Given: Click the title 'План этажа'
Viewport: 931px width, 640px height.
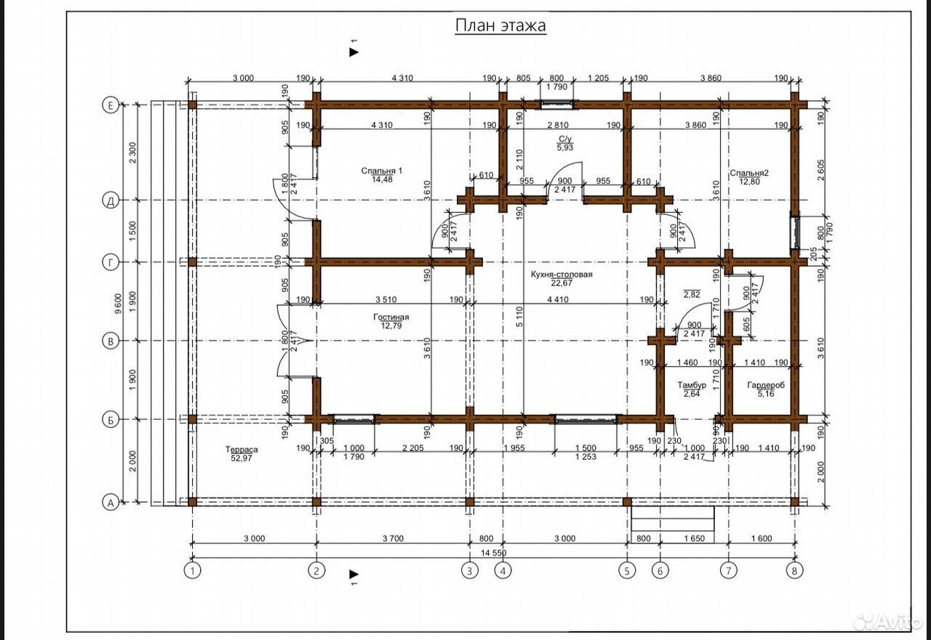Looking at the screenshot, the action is pyautogui.click(x=500, y=25).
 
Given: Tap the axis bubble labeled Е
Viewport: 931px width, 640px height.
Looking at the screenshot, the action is pyautogui.click(x=110, y=105).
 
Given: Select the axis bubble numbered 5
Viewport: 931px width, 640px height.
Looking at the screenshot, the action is pyautogui.click(x=627, y=571).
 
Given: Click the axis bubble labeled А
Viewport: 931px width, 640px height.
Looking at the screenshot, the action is pyautogui.click(x=110, y=503).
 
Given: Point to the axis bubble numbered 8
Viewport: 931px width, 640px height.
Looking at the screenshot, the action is pyautogui.click(x=794, y=571).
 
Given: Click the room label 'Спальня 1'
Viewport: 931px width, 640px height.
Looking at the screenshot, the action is pyautogui.click(x=382, y=171).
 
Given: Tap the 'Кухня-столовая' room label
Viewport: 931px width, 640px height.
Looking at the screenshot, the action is pyautogui.click(x=561, y=275).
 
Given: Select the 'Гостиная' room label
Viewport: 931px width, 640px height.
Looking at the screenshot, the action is pyautogui.click(x=391, y=317).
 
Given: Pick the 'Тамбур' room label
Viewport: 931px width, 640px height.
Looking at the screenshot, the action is pyautogui.click(x=692, y=385).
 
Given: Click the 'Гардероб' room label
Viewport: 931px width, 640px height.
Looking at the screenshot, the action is pyautogui.click(x=766, y=385).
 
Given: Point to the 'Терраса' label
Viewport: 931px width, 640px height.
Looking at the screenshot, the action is pyautogui.click(x=241, y=450).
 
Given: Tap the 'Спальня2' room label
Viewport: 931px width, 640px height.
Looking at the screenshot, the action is pyautogui.click(x=749, y=173).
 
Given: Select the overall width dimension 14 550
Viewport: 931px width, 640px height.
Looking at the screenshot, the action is pyautogui.click(x=494, y=553).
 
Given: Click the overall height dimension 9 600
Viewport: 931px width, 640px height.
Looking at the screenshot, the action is pyautogui.click(x=119, y=304).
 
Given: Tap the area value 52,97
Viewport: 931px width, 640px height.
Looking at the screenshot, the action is pyautogui.click(x=241, y=458).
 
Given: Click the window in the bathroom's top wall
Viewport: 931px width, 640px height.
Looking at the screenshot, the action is pyautogui.click(x=557, y=104).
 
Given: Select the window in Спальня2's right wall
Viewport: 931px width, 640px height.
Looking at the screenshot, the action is pyautogui.click(x=795, y=232).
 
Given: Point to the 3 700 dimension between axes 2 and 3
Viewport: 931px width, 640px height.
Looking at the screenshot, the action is pyautogui.click(x=393, y=539).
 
